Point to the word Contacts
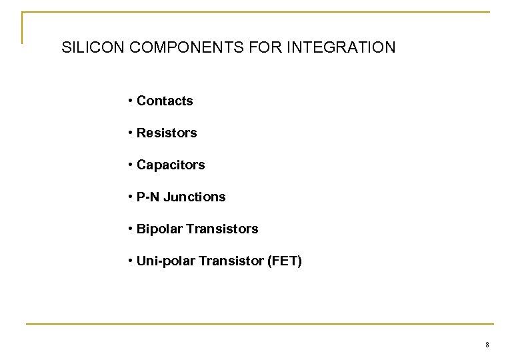165,101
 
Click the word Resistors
167,133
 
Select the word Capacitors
171,165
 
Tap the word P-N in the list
149,197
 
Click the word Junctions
195,197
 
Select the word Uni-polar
163,261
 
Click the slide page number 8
487,345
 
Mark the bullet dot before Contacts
129,101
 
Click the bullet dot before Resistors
129,133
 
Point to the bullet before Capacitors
129,165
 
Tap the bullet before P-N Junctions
129,197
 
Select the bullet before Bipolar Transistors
129,229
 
